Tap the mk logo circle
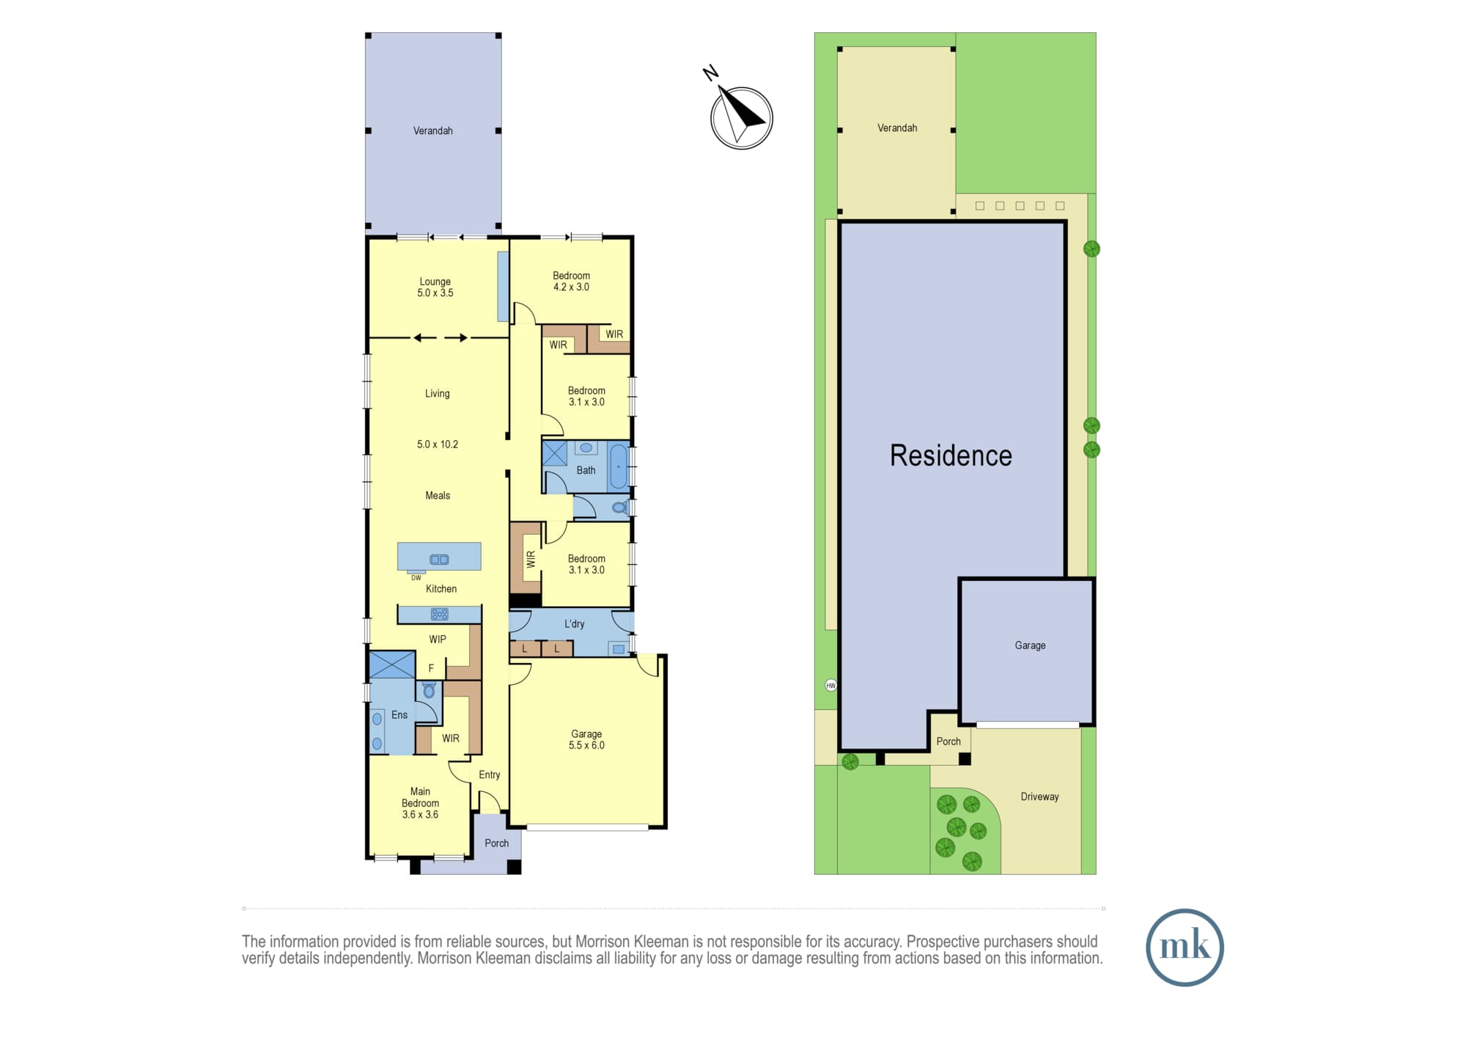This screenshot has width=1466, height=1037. coord(1185,947)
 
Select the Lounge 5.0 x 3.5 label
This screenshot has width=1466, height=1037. coord(435,287)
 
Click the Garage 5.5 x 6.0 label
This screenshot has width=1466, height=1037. coord(586,739)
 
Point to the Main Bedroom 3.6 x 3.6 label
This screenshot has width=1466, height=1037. coord(420,802)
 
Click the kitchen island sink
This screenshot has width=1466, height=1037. coord(439,560)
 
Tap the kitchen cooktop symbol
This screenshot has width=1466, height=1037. coord(439,615)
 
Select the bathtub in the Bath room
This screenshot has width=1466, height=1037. coord(619,465)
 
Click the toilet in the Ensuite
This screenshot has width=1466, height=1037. coord(429,689)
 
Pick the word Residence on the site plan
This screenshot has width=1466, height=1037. coord(951,455)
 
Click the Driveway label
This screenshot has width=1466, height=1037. coord(1039,796)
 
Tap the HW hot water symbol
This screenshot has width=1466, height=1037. coord(830,685)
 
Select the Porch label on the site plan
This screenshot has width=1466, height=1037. coord(949,741)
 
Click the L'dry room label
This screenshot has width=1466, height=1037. coord(575,624)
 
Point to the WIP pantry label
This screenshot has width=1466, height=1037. coord(438,640)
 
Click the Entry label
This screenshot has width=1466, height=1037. coord(490,774)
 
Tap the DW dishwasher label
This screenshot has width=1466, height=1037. coord(416,578)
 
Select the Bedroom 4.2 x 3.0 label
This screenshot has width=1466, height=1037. coord(571,281)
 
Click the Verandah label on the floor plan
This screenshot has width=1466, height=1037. coord(432,131)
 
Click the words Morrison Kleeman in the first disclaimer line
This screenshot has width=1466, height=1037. coord(633,942)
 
